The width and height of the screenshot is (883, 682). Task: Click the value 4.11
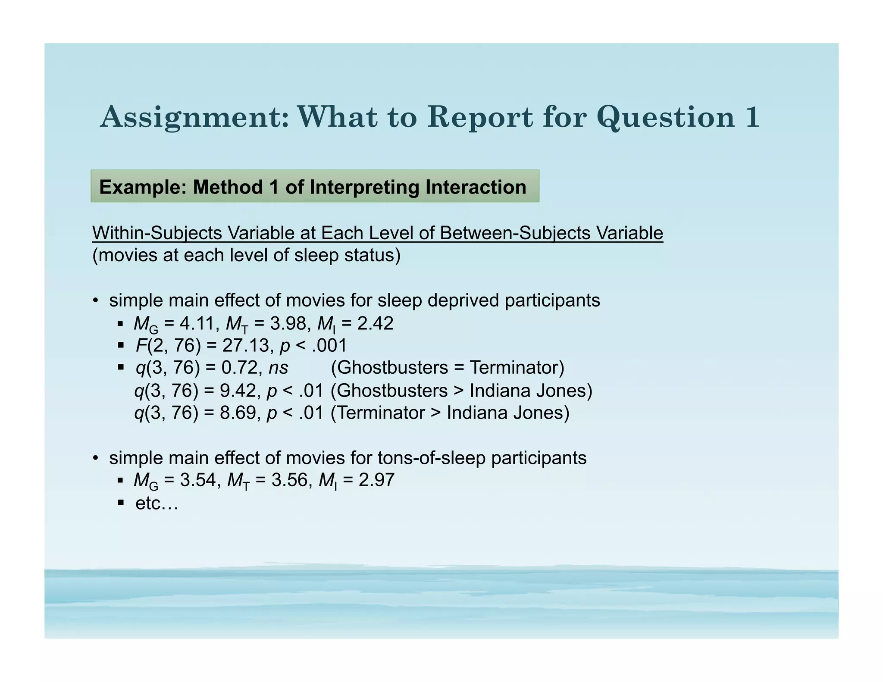(x=197, y=323)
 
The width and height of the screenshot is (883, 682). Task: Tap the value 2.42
(x=375, y=323)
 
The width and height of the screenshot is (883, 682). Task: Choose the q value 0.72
(x=240, y=368)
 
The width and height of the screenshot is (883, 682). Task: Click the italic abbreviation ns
(x=278, y=368)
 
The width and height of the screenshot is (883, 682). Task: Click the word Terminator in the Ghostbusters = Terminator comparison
(x=517, y=368)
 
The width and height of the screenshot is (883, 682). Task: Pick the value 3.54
(x=197, y=480)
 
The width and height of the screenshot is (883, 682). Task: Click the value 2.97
(x=376, y=480)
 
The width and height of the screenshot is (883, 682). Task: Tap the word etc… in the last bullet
(x=157, y=503)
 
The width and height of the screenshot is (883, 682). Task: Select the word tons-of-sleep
(x=431, y=458)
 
